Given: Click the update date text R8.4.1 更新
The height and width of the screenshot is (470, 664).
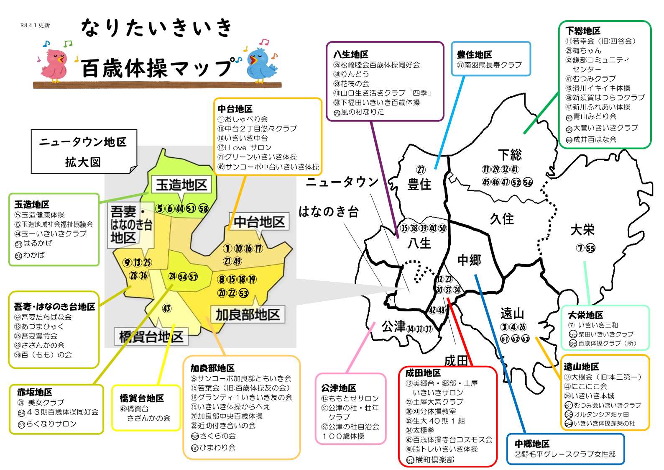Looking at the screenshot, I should (x=35, y=25).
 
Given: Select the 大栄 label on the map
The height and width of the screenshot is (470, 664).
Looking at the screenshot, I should (x=582, y=230).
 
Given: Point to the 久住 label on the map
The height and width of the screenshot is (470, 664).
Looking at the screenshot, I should (x=502, y=218).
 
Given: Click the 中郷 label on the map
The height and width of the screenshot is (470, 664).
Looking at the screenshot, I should (x=469, y=260).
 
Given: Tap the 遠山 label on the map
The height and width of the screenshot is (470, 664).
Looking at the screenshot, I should (x=512, y=313).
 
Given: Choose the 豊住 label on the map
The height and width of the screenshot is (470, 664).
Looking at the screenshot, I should (x=419, y=184).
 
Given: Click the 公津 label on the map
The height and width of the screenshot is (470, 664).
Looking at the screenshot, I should (x=394, y=326).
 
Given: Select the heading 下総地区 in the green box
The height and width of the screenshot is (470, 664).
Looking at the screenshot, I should (x=583, y=31).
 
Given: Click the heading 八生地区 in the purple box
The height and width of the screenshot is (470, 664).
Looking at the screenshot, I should (x=351, y=54).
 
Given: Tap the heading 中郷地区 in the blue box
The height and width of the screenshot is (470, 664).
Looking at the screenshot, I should (x=532, y=443).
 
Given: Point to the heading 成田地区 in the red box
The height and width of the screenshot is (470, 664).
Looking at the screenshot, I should (x=423, y=372).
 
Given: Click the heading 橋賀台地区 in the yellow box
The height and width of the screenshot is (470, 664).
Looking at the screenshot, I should (x=142, y=398).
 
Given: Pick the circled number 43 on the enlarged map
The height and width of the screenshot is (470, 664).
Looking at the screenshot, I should (x=166, y=308).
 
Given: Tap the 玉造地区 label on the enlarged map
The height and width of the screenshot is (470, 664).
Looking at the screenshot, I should (x=181, y=185).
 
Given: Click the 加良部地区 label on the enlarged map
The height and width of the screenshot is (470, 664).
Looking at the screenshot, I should (x=248, y=315).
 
